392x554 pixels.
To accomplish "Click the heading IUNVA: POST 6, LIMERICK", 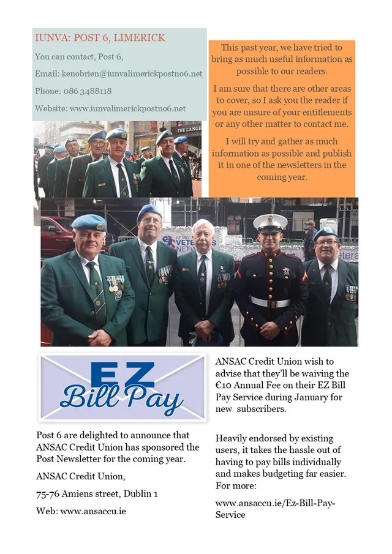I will coord(100,38).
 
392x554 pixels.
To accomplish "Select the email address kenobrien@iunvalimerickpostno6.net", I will coord(130,74).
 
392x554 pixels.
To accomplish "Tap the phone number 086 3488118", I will coord(87,91).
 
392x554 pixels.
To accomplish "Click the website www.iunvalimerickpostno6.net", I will coord(127,109).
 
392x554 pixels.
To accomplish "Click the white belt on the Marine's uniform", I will coord(269,301).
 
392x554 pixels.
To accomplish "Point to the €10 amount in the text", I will coord(225,386).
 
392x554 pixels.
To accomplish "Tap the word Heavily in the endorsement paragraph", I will coord(233,438).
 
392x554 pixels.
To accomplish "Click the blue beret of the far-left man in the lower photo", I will coord(88,222).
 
